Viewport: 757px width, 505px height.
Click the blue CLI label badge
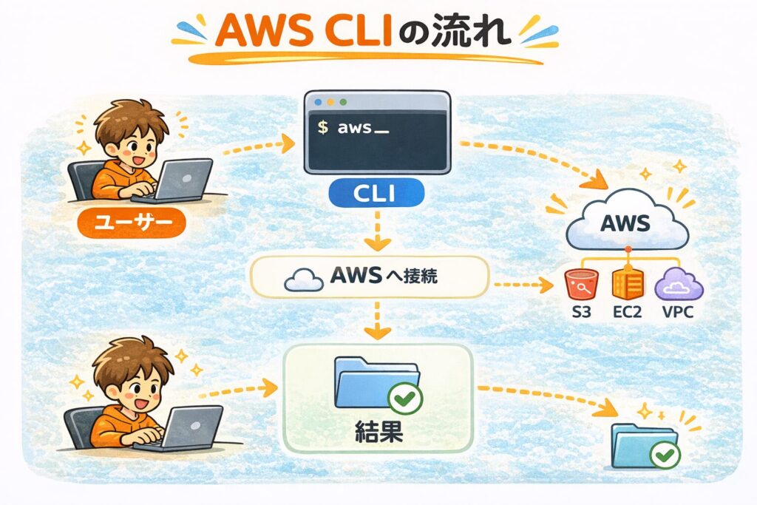[x=377, y=195]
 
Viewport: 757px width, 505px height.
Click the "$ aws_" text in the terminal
[x=352, y=128]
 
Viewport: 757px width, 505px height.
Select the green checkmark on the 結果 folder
[x=404, y=399]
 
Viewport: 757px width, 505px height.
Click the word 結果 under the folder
[x=377, y=431]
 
